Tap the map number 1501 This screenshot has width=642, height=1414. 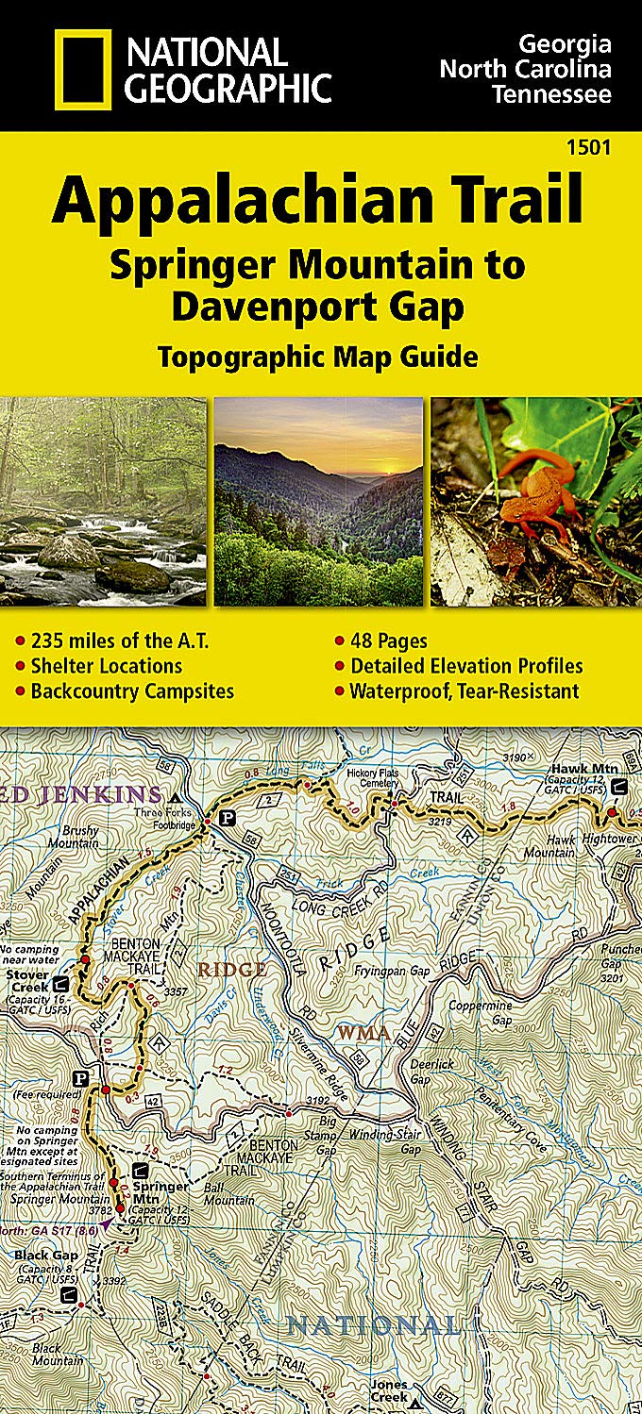[590, 147]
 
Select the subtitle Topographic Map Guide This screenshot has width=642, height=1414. [318, 357]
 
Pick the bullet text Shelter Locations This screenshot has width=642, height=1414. [106, 666]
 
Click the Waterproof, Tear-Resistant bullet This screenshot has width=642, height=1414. [465, 690]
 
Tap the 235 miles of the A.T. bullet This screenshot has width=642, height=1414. [119, 641]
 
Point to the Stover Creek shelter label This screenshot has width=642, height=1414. [26, 981]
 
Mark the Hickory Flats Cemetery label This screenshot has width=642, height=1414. [373, 777]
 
